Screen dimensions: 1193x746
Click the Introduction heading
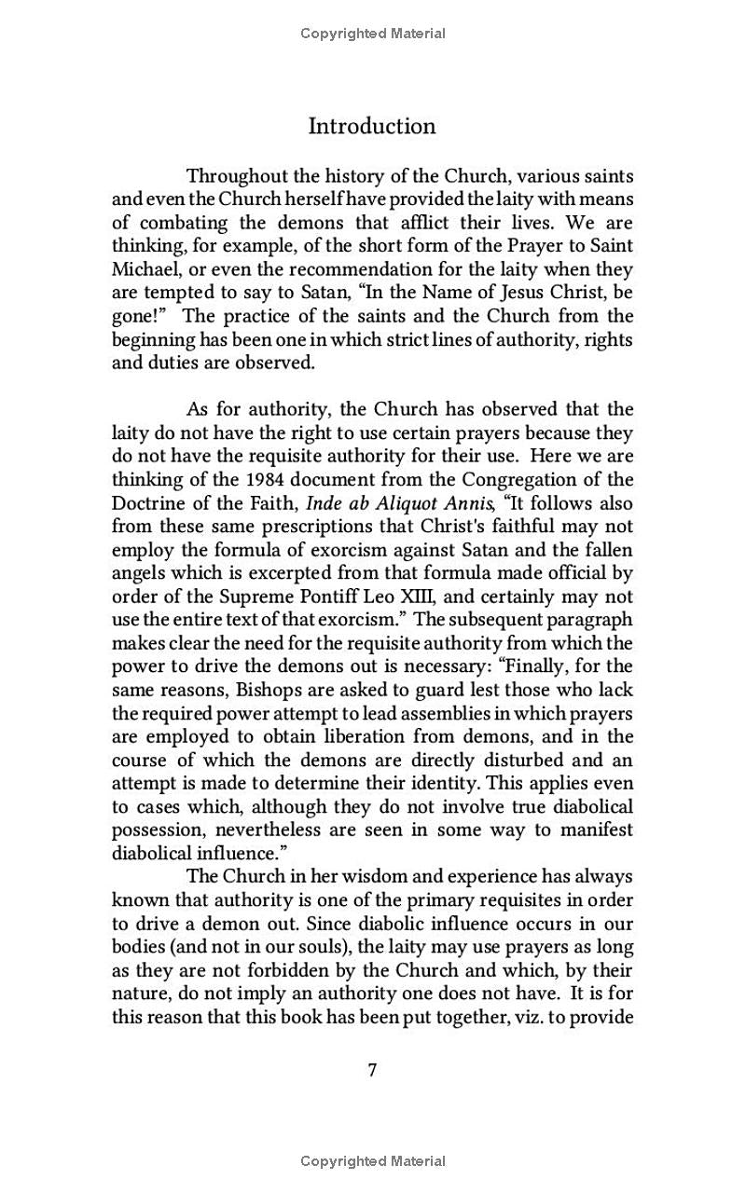coord(372,127)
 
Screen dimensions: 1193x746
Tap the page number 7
coord(372,1070)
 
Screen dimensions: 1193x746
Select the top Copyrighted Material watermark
coord(372,34)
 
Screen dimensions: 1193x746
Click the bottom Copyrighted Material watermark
coord(372,1161)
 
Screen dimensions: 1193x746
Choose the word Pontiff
coord(433,596)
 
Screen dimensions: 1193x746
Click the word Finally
coord(554,666)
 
